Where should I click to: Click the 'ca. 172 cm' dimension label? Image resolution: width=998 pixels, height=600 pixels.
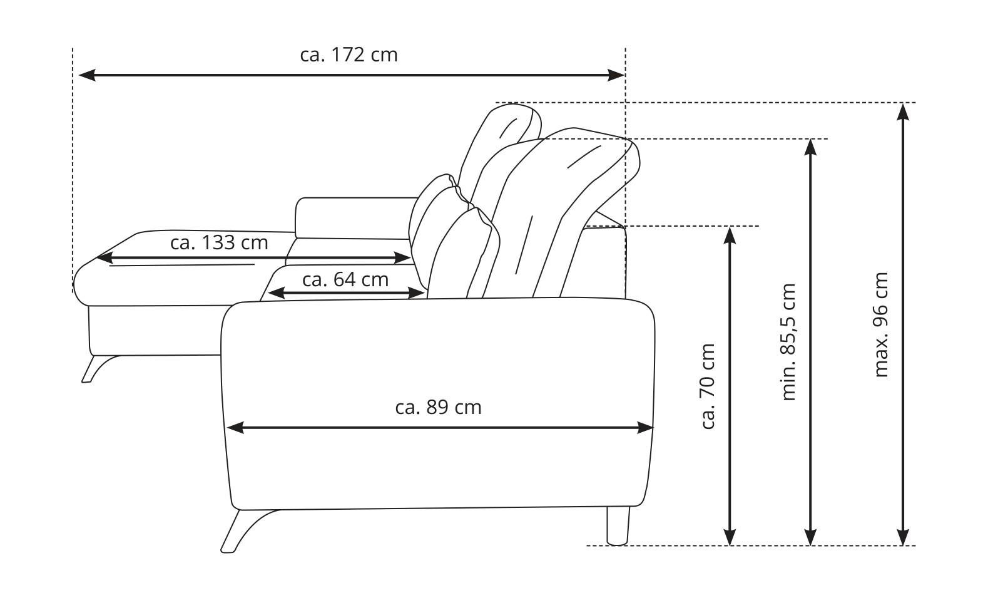349,55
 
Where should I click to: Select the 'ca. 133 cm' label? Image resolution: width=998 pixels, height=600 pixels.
219,242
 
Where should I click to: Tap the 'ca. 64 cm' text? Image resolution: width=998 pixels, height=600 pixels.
345,280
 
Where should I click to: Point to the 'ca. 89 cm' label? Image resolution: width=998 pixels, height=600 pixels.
439,407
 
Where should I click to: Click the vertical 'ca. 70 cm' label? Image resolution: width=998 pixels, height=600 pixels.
708,386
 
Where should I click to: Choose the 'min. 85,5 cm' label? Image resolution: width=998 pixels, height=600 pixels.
788,342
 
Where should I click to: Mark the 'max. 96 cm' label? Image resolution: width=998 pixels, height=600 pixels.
881,325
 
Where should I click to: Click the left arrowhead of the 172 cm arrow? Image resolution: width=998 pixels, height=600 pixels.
87,75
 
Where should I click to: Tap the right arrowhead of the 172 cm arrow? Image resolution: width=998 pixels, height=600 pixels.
616,75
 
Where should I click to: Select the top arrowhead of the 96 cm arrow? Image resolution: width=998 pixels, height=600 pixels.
903,111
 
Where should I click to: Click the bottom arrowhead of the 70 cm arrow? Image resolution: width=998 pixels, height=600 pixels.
730,537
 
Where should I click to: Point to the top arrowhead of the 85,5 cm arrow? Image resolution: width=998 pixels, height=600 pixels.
810,148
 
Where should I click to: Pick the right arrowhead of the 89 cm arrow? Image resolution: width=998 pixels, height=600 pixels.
645,427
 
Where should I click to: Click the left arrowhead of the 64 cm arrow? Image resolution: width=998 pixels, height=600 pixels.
276,293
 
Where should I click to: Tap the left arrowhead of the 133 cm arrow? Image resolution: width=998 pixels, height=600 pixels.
105,258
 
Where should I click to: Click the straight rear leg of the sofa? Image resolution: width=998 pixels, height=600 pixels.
618,525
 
